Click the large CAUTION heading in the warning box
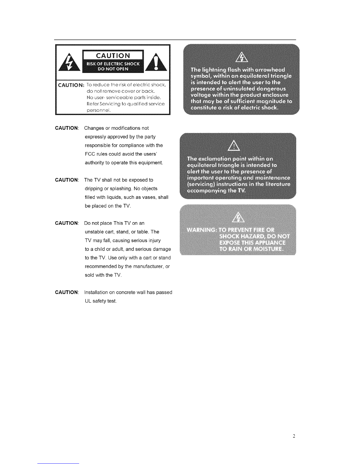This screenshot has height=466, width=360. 113,56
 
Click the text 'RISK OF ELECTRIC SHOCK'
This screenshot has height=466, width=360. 113,64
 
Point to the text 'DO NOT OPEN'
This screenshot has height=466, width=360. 113,69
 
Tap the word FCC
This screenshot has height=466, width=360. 89,154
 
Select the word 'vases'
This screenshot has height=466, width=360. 149,197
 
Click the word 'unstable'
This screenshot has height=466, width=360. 94,232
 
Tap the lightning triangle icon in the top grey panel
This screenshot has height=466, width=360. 240,56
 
